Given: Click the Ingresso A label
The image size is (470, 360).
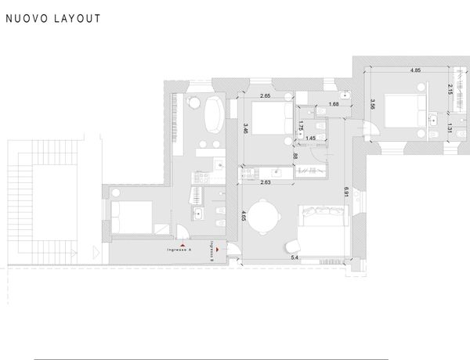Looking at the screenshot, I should [179, 250].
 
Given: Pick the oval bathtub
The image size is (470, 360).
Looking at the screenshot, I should [212, 117].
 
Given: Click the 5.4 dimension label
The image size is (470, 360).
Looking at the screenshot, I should [295, 257].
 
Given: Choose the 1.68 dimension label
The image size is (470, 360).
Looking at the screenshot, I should [333, 104].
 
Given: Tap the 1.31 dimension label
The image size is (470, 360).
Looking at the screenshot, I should [449, 128].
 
